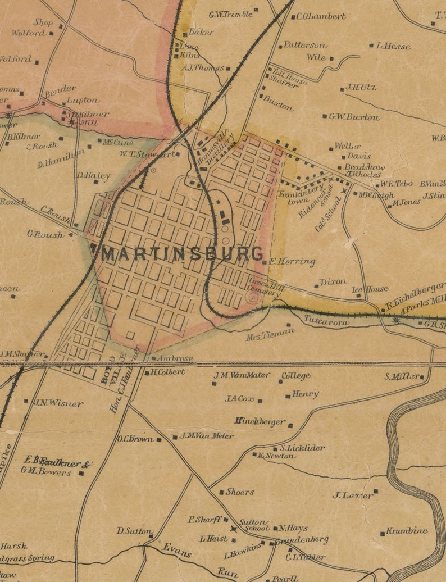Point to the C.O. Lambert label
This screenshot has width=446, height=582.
coord(321,16)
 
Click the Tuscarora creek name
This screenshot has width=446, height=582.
coord(327,322)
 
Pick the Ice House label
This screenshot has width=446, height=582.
coord(370,289)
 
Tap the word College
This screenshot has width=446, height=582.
coord(296,376)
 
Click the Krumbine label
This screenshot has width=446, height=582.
coord(407,530)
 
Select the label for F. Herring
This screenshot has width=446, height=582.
coord(292,262)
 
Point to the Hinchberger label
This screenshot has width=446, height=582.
coord(260,421)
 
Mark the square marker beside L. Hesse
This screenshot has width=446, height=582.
coord(371,46)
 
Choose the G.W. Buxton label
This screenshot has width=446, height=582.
coord(354,117)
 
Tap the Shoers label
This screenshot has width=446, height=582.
coord(240,492)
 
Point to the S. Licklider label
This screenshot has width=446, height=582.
coord(302,448)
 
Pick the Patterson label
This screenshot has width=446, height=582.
coord(304,45)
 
